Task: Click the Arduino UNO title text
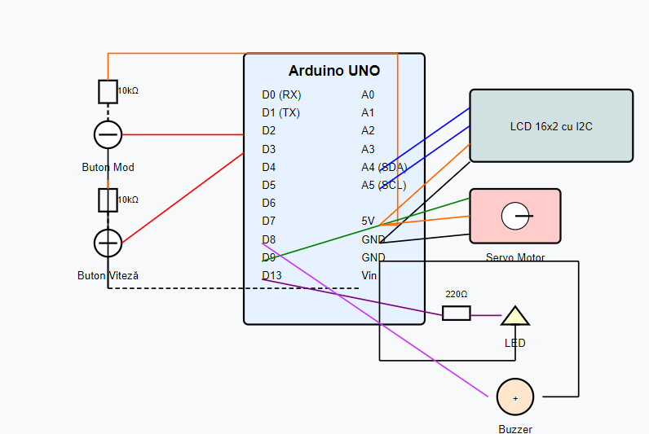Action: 334,71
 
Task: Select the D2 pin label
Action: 269,130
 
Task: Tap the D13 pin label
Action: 272,275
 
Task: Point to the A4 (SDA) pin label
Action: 384,167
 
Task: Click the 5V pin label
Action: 369,221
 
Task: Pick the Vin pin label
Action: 369,275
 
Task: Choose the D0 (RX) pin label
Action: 281,94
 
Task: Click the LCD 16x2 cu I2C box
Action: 551,126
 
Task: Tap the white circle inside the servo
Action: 515,216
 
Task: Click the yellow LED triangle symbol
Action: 514,316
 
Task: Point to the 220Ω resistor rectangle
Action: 457,313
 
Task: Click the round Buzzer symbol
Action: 515,397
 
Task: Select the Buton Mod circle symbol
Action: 108,134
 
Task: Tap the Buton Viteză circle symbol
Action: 108,243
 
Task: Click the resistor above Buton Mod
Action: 108,92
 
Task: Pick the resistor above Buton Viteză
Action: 108,199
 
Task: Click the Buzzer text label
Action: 515,428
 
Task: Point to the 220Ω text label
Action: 457,294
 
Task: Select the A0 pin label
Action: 368,94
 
